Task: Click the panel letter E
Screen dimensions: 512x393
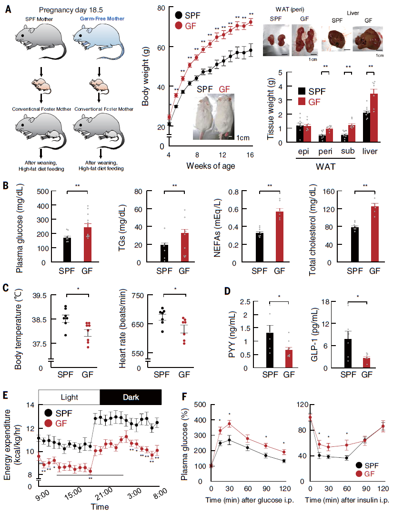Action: click(x=5, y=394)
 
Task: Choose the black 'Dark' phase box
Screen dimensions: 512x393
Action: click(x=130, y=396)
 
